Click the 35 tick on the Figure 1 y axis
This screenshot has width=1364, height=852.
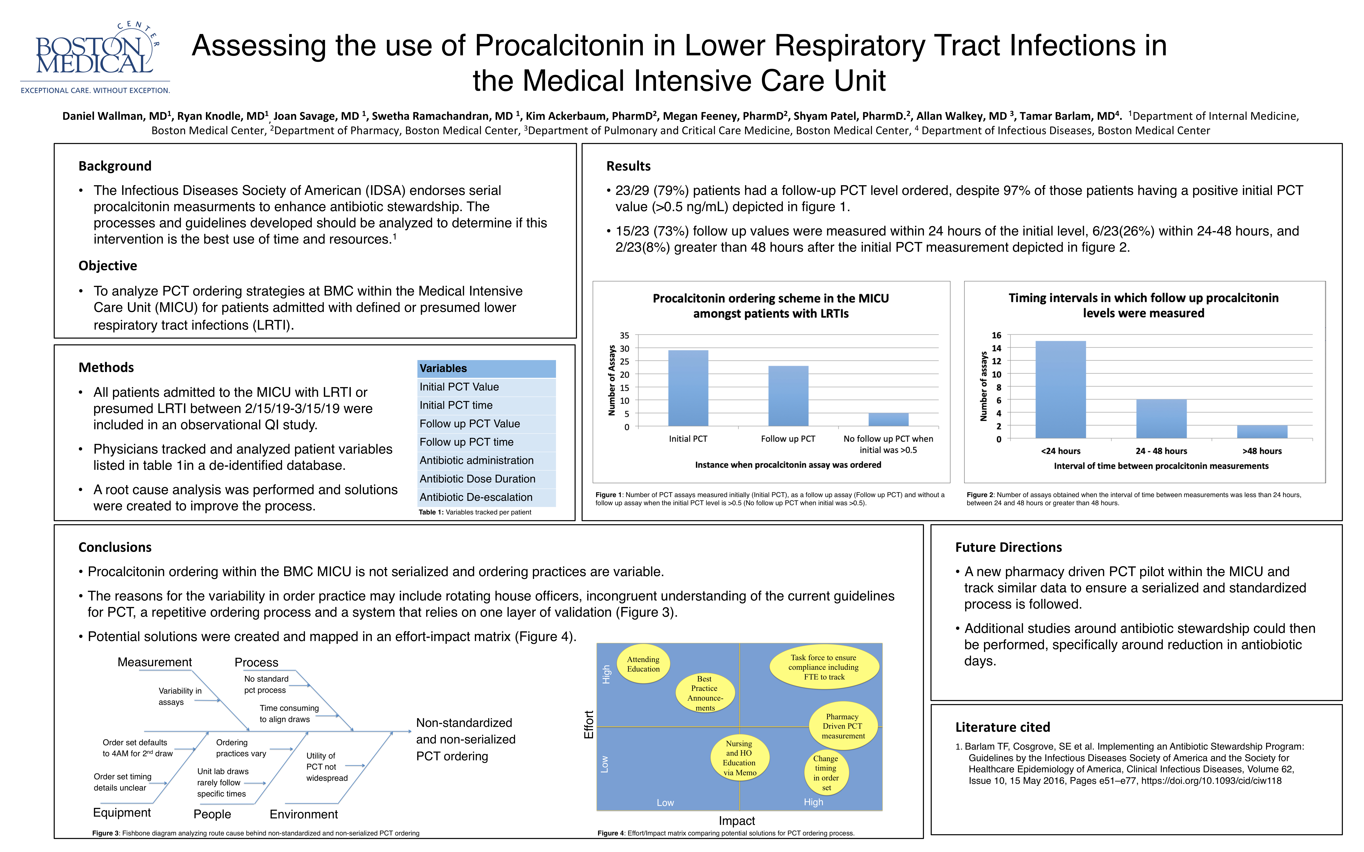(625, 335)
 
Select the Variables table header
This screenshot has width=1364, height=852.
(486, 369)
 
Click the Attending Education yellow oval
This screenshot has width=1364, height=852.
(643, 664)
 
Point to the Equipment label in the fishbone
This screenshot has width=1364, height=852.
(122, 813)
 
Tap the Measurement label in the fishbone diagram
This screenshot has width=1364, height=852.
(154, 662)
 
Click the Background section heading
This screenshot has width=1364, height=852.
(115, 166)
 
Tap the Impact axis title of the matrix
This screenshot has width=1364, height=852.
(737, 821)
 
